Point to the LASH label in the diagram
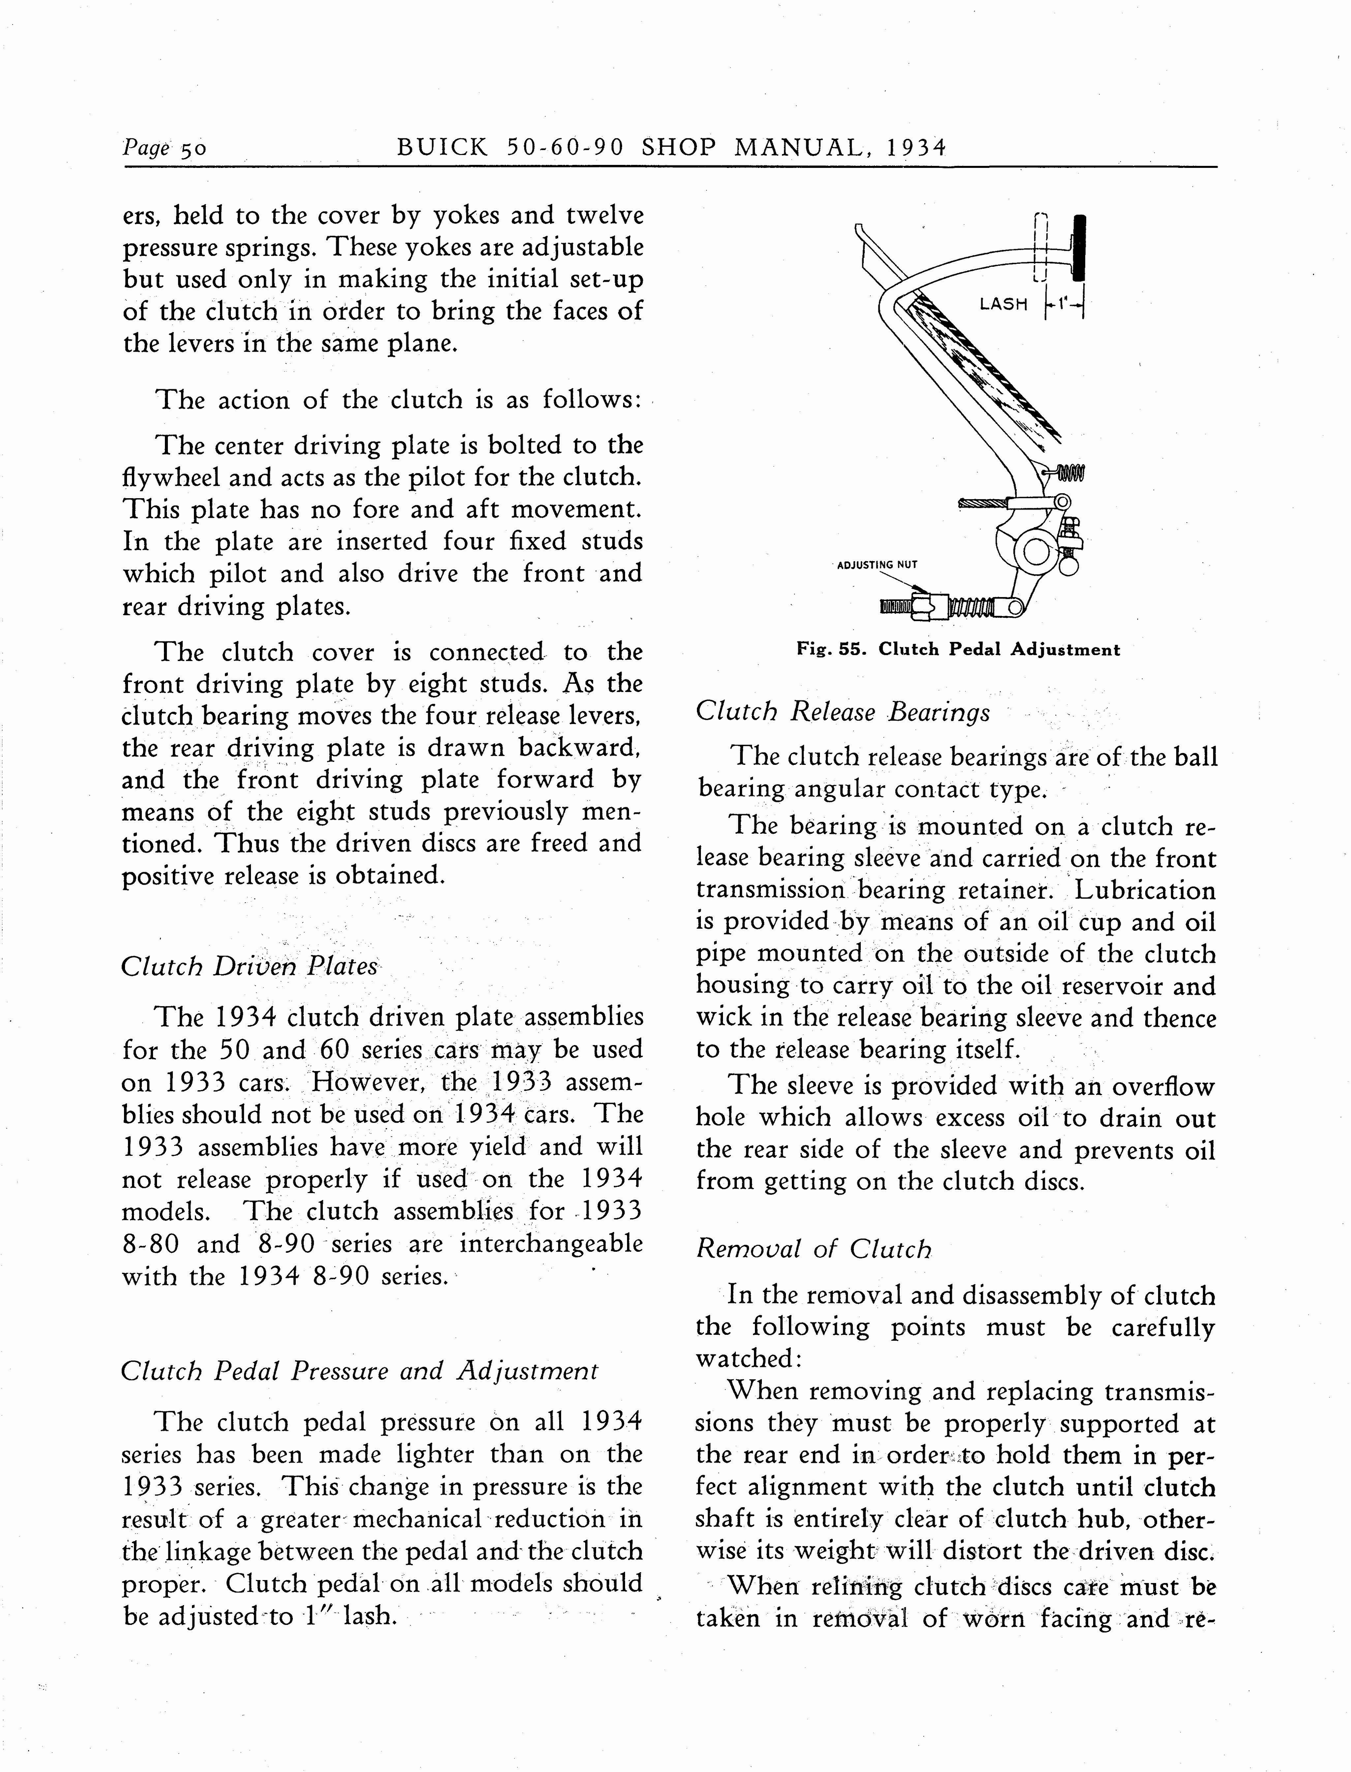click(1003, 304)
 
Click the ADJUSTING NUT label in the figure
click(877, 565)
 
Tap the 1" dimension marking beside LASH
click(1063, 305)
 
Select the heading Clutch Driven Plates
click(249, 966)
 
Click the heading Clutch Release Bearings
click(843, 712)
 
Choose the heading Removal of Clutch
click(813, 1249)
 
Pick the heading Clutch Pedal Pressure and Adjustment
click(359, 1371)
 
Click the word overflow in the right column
click(1163, 1087)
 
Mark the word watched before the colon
click(744, 1359)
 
